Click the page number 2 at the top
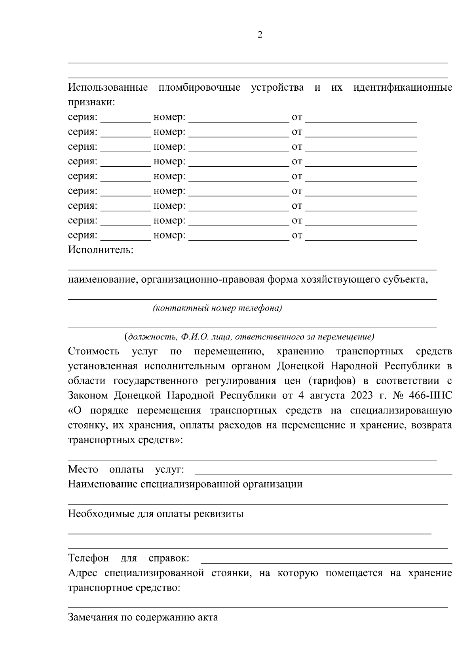point(260,35)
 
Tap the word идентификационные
point(402,88)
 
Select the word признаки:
point(91,103)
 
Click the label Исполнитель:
point(101,250)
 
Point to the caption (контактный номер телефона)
point(217,308)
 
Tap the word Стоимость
point(93,351)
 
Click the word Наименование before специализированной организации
point(103,484)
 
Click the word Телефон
point(88,558)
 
